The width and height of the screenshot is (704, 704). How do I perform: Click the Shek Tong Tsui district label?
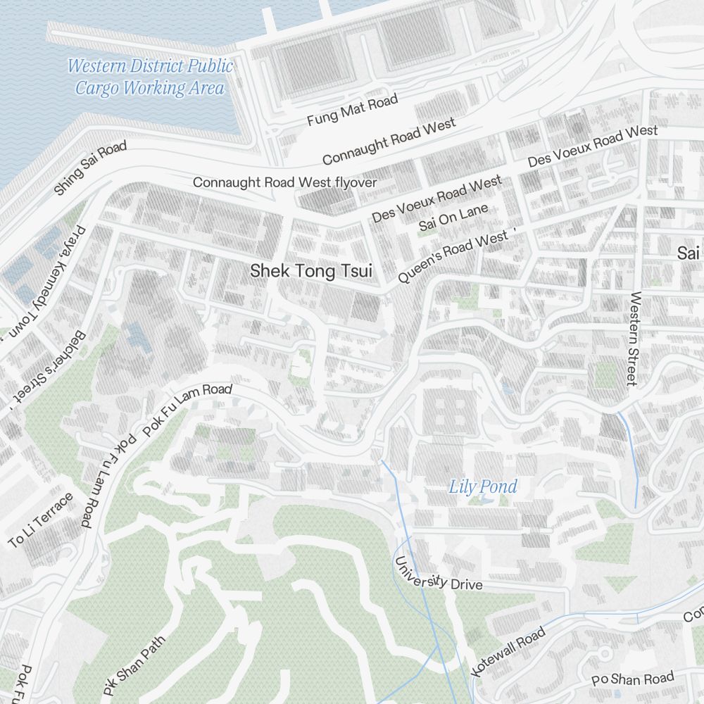pyautogui.click(x=310, y=271)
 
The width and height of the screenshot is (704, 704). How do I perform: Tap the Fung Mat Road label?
pyautogui.click(x=352, y=111)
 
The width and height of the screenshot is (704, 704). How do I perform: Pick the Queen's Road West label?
pyautogui.click(x=453, y=258)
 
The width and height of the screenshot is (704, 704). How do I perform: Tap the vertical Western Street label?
pyautogui.click(x=635, y=339)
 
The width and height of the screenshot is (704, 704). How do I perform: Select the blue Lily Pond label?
pyautogui.click(x=483, y=486)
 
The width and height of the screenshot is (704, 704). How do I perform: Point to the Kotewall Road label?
pyautogui.click(x=507, y=652)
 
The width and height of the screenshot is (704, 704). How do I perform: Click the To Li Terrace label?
pyautogui.click(x=41, y=521)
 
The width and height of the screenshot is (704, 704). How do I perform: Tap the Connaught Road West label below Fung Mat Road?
pyautogui.click(x=389, y=142)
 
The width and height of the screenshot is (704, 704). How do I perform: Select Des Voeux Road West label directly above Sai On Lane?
pyautogui.click(x=436, y=200)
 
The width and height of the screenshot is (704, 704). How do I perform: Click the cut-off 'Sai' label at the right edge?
pyautogui.click(x=689, y=253)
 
